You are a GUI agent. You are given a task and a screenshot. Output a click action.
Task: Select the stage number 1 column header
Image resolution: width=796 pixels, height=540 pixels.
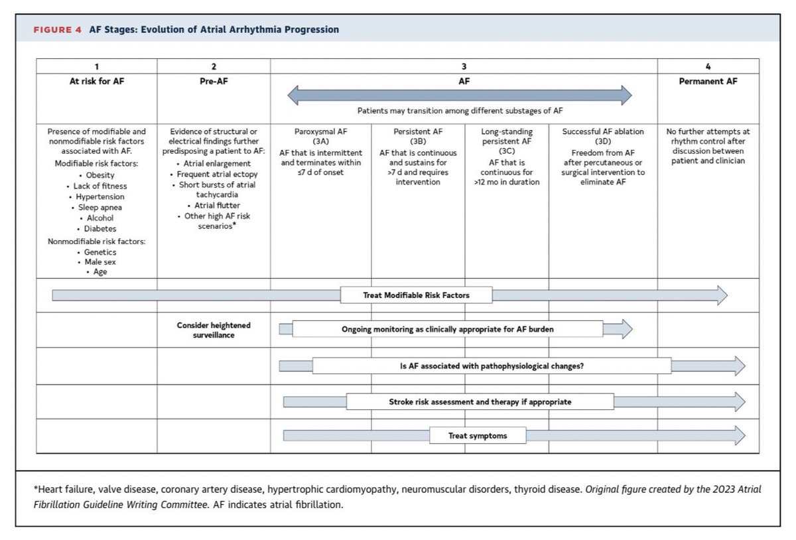click(x=96, y=66)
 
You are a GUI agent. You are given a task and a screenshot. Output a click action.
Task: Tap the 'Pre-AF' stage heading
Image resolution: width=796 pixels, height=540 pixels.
click(x=214, y=82)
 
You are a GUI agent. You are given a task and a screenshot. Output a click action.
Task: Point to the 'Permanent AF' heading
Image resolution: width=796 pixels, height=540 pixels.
click(x=708, y=82)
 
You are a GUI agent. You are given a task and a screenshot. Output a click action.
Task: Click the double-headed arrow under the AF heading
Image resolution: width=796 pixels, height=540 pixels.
click(x=459, y=96)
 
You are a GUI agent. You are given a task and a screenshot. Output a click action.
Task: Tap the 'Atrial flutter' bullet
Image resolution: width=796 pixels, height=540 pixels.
click(x=214, y=206)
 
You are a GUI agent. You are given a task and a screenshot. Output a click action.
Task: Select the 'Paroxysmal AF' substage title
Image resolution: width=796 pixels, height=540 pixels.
click(x=320, y=131)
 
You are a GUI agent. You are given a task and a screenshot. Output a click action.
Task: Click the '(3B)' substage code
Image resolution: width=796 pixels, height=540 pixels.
click(x=417, y=141)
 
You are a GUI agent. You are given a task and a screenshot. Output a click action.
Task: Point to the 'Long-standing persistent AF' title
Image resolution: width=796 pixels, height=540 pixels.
click(x=506, y=137)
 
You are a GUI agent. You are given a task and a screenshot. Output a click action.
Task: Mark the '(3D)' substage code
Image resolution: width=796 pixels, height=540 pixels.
click(x=603, y=141)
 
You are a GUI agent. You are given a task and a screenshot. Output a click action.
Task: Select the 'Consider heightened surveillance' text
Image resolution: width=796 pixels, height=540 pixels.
click(x=214, y=330)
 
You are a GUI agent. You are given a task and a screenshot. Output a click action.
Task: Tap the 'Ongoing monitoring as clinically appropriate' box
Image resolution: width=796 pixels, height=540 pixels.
click(x=447, y=329)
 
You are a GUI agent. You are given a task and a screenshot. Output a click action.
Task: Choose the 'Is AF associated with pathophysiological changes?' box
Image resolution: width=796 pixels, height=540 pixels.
click(x=492, y=366)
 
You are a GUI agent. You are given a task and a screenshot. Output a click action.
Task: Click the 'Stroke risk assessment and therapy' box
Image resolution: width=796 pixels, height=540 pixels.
click(x=470, y=401)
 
